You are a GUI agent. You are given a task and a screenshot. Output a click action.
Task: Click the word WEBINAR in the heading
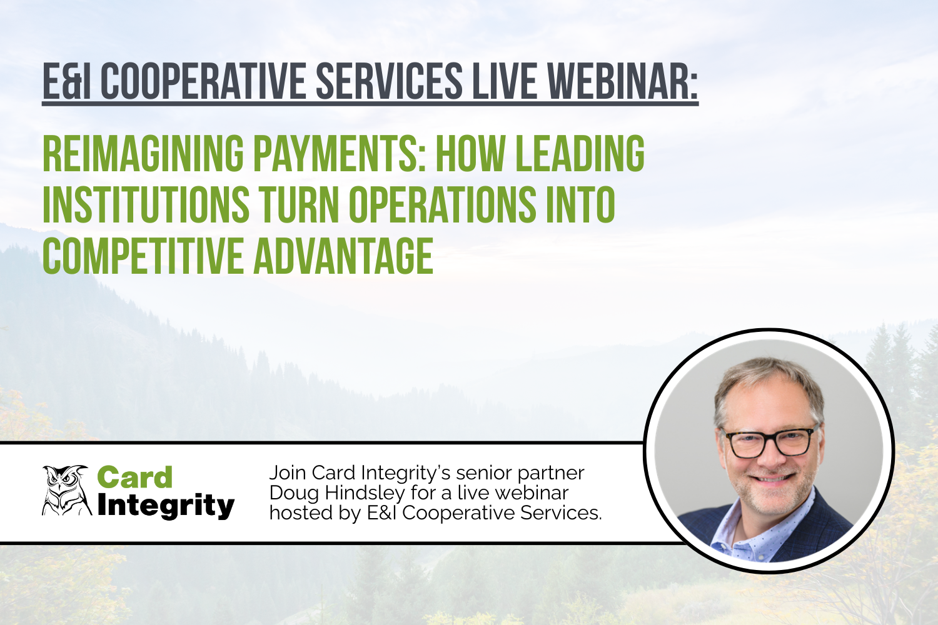tap(623, 81)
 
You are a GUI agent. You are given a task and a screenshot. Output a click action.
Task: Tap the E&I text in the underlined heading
tap(66, 81)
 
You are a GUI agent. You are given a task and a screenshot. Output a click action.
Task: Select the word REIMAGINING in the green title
tap(143, 153)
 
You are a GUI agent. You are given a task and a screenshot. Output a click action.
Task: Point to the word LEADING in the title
tap(580, 153)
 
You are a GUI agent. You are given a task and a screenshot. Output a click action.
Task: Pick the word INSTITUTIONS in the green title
tap(146, 204)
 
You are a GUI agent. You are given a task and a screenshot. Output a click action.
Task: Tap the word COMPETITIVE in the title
tap(143, 256)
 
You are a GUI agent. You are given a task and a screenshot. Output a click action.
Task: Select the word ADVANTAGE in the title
tap(343, 256)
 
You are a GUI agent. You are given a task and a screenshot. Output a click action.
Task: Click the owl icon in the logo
tap(66, 491)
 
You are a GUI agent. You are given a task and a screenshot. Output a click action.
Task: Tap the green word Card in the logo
tap(134, 477)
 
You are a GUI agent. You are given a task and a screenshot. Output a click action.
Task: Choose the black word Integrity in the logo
tap(166, 506)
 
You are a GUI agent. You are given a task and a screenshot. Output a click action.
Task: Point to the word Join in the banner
tap(288, 472)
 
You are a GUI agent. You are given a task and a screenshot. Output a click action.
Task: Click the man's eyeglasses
tap(770, 441)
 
